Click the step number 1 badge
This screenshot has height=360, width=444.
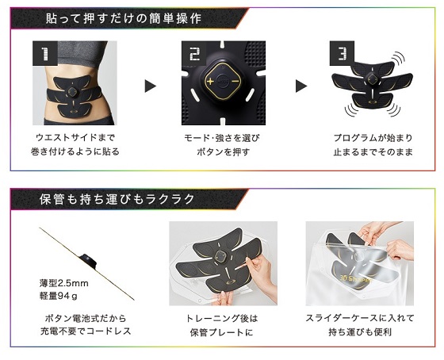tap(45, 53)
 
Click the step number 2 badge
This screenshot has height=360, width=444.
tap(194, 53)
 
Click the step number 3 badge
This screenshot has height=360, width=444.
tap(342, 53)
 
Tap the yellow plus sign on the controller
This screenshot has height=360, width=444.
tap(210, 82)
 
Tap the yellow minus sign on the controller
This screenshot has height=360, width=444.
tap(235, 82)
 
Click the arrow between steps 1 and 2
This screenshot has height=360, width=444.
tap(150, 86)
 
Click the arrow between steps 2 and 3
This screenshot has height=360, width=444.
tap(301, 86)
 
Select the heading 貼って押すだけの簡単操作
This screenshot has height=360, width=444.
tap(124, 19)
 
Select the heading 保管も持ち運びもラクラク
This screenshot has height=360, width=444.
tap(117, 199)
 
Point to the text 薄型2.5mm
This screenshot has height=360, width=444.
tap(63, 283)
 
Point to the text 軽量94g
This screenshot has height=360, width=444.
tap(59, 296)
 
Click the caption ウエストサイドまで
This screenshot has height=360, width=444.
tap(75, 138)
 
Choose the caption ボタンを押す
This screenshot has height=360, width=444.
tap(223, 151)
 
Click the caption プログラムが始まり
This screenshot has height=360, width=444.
tap(373, 138)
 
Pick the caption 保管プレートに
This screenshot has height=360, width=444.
tap(222, 332)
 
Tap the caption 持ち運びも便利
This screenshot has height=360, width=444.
tap(360, 331)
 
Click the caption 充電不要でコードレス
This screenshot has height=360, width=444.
tap(86, 331)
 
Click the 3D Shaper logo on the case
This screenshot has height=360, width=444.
tap(356, 278)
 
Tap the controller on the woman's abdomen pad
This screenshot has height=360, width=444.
tap(73, 91)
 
